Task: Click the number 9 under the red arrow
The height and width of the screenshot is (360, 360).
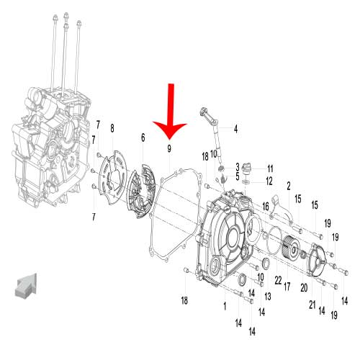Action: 169,148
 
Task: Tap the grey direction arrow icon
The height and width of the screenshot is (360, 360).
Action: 26,285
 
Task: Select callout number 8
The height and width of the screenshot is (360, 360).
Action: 112,128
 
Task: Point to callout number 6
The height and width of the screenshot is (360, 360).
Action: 143,138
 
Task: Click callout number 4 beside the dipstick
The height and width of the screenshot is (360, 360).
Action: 236,129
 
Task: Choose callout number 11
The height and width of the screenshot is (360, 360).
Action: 270,168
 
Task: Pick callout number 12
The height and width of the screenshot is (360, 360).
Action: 269,181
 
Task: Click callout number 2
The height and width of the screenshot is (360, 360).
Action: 289,186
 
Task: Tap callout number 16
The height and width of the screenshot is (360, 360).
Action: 266,206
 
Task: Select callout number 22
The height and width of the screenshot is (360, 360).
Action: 278,280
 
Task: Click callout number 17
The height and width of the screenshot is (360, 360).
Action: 287,287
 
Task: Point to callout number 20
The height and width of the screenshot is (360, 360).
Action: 304,288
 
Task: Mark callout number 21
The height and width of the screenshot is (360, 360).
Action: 312,305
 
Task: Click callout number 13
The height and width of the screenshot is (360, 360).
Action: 268,297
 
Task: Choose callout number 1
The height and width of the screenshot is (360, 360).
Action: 225,306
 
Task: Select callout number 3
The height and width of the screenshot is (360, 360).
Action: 238,167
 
